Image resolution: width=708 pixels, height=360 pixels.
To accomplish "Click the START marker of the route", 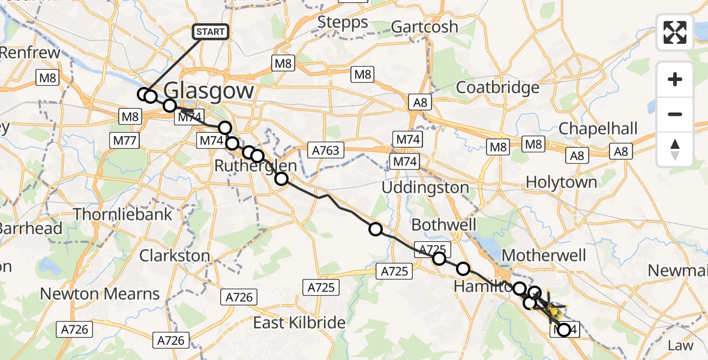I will click(x=210, y=32).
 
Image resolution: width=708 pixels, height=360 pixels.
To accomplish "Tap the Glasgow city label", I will click(x=208, y=91).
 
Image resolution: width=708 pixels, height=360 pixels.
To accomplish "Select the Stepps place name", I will click(x=343, y=23).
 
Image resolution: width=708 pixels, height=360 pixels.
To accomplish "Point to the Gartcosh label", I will click(x=424, y=27).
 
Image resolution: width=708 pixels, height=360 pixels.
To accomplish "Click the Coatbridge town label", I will click(x=497, y=88).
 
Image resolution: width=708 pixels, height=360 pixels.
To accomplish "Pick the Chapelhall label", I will click(x=598, y=129).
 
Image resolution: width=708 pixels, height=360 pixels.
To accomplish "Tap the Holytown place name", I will click(x=561, y=182).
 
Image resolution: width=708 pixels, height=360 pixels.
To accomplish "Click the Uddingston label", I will click(x=426, y=188).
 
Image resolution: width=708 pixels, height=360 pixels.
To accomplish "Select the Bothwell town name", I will click(x=444, y=225).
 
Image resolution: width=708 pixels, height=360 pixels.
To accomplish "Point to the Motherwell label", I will click(x=544, y=256).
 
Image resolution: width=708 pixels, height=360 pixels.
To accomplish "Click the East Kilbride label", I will click(x=299, y=323).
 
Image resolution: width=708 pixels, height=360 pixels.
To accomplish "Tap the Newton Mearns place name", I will click(x=100, y=294).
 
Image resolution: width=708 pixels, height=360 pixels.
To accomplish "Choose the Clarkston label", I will click(x=175, y=256).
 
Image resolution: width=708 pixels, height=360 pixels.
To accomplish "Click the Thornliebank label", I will click(x=122, y=214).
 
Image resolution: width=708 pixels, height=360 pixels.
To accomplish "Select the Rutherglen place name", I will click(x=256, y=166).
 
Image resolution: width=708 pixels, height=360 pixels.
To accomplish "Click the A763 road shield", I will click(x=326, y=150).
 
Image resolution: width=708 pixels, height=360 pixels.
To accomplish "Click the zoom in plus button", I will click(x=675, y=80).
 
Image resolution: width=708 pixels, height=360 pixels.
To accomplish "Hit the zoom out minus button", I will click(x=675, y=114).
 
